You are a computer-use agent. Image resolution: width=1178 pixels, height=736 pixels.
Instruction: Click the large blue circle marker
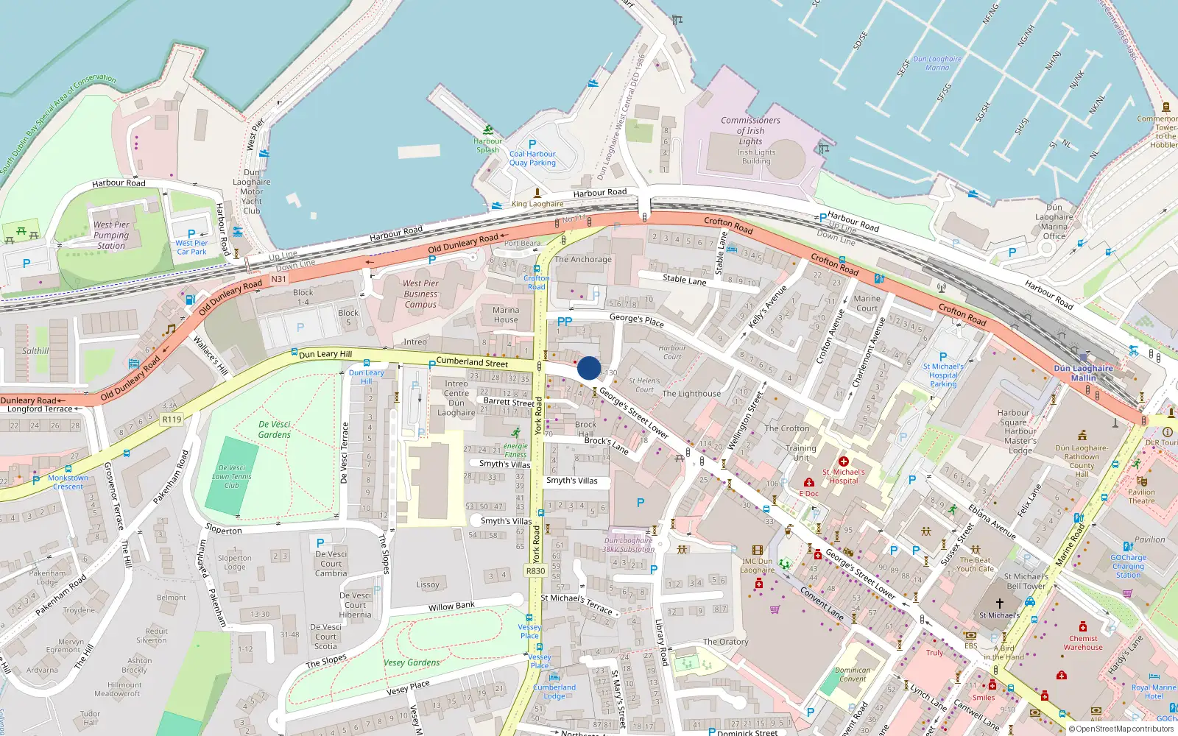(589, 368)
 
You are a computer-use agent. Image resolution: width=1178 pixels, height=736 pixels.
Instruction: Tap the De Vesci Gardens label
(275, 429)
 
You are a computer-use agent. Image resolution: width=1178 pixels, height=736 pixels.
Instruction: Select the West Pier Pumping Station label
(111, 236)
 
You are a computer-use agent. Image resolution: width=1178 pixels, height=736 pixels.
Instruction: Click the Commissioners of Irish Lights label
(750, 130)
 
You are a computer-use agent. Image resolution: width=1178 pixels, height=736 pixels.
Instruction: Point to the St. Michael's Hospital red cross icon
(844, 461)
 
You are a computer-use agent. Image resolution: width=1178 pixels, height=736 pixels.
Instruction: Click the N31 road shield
(278, 279)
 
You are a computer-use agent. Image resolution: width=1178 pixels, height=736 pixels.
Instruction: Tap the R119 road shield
(172, 420)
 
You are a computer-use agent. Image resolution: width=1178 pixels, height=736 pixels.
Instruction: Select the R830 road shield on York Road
(535, 571)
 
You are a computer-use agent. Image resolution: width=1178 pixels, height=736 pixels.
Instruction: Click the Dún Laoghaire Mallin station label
(1083, 373)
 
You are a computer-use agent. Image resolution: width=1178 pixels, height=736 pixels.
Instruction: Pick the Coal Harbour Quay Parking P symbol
(532, 144)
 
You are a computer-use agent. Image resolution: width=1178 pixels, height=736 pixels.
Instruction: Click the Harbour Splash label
(487, 145)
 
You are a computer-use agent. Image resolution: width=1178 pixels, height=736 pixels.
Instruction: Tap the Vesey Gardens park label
(412, 662)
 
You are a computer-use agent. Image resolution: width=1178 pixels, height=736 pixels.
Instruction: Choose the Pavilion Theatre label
(1141, 497)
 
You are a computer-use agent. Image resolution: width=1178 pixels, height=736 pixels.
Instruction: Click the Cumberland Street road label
(472, 362)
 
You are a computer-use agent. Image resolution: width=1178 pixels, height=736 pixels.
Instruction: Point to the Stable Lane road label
(684, 279)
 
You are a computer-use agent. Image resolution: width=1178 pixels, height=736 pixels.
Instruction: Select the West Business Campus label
(420, 294)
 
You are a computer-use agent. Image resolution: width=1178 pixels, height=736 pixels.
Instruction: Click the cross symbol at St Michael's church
(999, 604)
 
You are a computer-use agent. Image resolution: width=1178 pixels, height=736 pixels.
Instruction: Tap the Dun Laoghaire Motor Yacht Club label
(252, 191)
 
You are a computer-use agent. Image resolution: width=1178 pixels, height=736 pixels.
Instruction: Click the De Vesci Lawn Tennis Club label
(232, 476)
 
